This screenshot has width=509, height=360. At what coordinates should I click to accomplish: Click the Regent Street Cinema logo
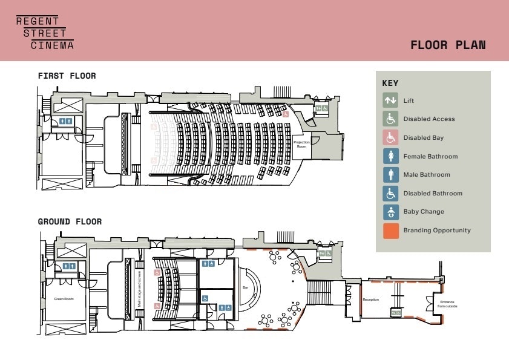[45, 33]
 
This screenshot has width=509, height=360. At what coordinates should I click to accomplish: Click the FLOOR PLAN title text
[448, 45]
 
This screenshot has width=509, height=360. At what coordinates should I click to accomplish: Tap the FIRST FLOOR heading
[67, 76]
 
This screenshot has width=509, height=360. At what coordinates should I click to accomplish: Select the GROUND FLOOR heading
[70, 222]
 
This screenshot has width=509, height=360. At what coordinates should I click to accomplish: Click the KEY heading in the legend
[390, 83]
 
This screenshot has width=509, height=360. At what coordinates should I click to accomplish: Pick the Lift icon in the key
[390, 100]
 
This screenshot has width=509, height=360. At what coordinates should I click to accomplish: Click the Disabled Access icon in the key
[390, 119]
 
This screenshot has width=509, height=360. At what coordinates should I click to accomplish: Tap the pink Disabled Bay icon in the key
[390, 138]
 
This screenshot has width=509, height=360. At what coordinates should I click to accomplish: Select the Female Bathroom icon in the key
[390, 157]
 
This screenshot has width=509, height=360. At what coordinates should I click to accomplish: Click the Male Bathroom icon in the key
[390, 175]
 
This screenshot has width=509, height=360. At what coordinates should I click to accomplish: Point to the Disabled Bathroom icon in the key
[390, 194]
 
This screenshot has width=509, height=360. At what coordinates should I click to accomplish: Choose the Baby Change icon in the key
[390, 212]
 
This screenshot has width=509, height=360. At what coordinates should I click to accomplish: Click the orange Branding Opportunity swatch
[390, 231]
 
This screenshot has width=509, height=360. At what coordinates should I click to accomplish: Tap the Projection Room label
[301, 144]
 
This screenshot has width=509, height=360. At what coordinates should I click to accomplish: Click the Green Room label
[63, 299]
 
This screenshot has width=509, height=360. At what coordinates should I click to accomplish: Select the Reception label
[370, 300]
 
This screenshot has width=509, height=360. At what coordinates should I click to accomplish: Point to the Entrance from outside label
[447, 304]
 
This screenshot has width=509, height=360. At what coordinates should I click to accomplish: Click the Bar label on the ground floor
[246, 287]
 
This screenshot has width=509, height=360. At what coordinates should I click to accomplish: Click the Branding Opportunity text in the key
[437, 231]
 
